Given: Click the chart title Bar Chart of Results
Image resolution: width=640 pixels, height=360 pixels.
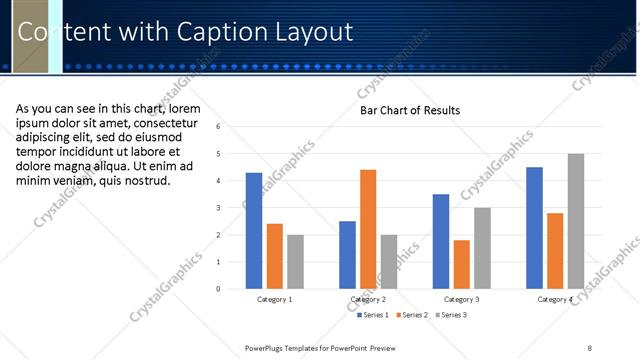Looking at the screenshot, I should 410,110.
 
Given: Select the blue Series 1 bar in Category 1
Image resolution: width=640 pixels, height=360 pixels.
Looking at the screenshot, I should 254,231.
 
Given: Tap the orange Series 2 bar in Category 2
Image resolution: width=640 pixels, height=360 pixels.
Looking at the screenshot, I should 368,229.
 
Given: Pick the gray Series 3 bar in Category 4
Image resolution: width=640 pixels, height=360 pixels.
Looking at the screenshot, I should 575,221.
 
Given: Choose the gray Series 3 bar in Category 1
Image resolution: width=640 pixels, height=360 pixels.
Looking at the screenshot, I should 295,262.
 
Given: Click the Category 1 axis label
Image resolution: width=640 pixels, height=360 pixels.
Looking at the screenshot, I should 275,299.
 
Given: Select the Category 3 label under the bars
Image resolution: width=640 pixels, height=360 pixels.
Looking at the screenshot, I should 461,299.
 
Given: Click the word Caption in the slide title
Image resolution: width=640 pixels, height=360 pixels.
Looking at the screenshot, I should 218,32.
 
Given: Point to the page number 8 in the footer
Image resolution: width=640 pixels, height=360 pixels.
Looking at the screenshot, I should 589,347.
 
